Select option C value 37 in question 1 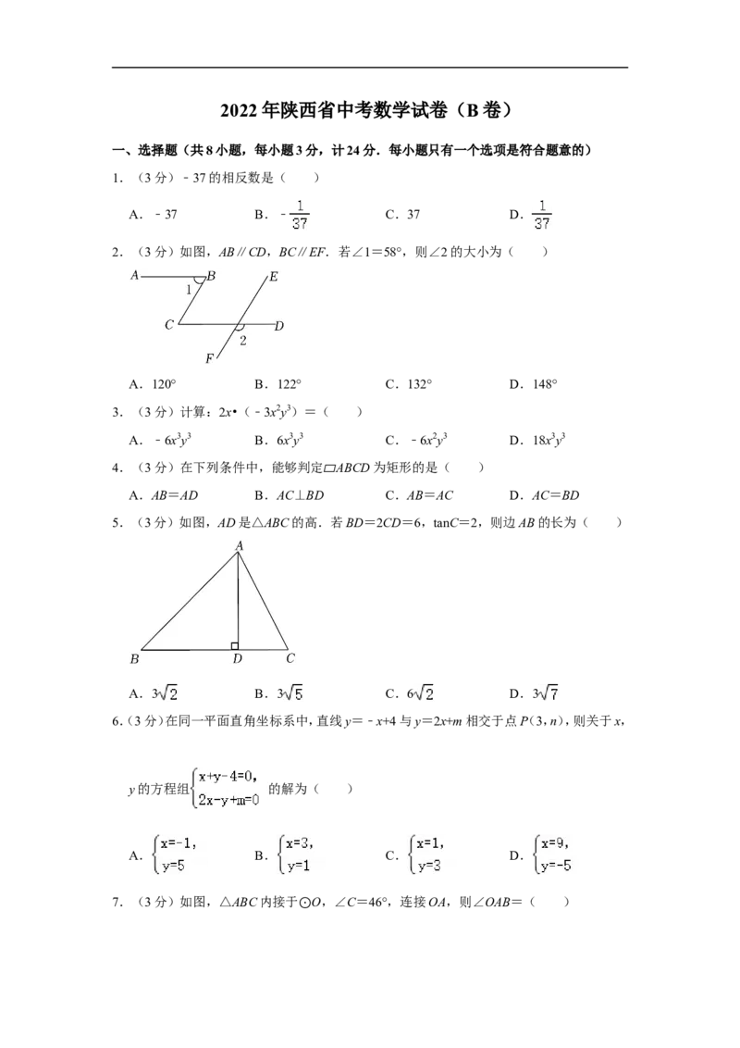pyautogui.click(x=413, y=215)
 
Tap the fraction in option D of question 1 pyautogui.click(x=542, y=215)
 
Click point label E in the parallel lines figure pyautogui.click(x=273, y=277)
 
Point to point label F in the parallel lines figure pyautogui.click(x=209, y=359)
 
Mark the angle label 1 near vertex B pyautogui.click(x=189, y=290)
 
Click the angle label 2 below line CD pyautogui.click(x=243, y=340)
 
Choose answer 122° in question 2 pyautogui.click(x=290, y=384)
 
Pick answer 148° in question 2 pyautogui.click(x=545, y=384)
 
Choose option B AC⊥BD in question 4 pyautogui.click(x=300, y=495)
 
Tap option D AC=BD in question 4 pyautogui.click(x=556, y=495)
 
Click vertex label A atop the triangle pyautogui.click(x=239, y=546)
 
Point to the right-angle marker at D pyautogui.click(x=234, y=645)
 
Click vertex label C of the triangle pyautogui.click(x=290, y=658)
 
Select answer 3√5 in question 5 pyautogui.click(x=290, y=693)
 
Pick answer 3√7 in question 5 pyautogui.click(x=545, y=693)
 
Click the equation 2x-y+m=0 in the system pyautogui.click(x=228, y=799)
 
